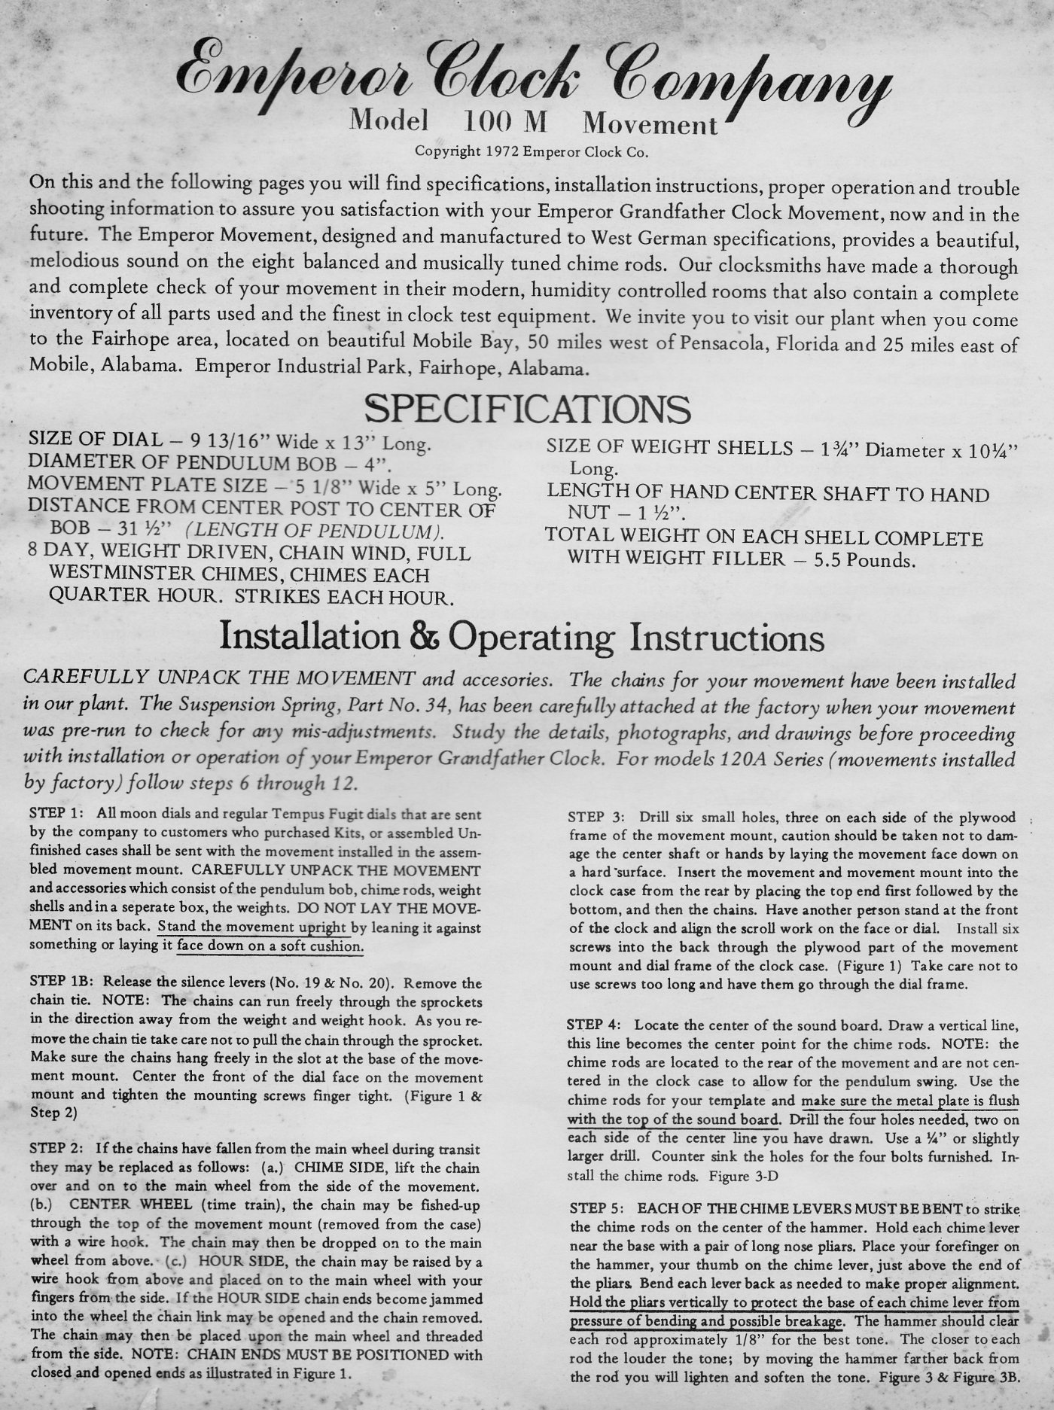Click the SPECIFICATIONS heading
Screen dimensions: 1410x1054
(x=527, y=410)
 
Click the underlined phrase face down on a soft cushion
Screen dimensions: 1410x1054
(x=270, y=946)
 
